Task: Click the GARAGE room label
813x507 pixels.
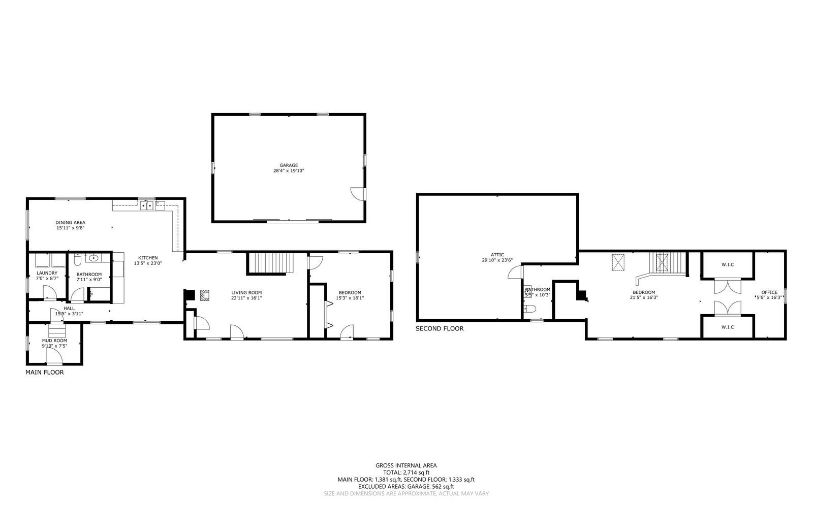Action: click(x=289, y=165)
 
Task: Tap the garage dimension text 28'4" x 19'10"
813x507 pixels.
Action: click(x=289, y=171)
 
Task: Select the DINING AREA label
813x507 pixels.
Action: click(x=70, y=222)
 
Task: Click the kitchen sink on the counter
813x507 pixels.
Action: click(x=147, y=205)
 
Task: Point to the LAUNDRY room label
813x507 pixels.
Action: click(x=47, y=273)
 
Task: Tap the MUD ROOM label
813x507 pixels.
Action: click(x=54, y=341)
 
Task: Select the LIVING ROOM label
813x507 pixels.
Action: click(x=246, y=292)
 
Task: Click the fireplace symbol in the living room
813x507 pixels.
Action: click(x=204, y=295)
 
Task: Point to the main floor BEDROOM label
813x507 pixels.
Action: click(x=350, y=292)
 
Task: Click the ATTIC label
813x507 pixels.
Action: click(x=497, y=255)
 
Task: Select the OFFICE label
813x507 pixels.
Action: click(x=769, y=292)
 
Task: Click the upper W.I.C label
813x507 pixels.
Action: click(x=728, y=264)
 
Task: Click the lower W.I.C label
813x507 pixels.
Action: click(x=728, y=327)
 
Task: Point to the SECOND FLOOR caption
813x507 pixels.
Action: click(x=440, y=329)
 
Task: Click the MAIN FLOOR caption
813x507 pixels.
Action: click(x=45, y=373)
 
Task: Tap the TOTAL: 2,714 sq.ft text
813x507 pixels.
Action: click(x=406, y=472)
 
